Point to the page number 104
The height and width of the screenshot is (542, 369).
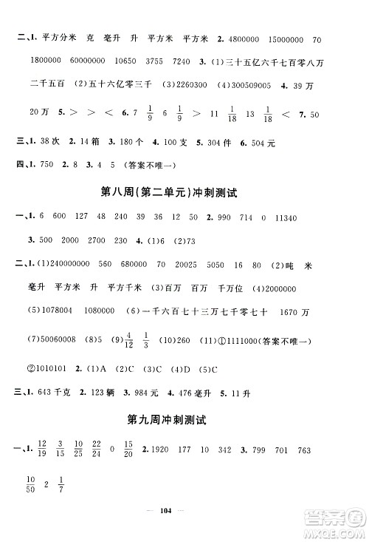(185, 520)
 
